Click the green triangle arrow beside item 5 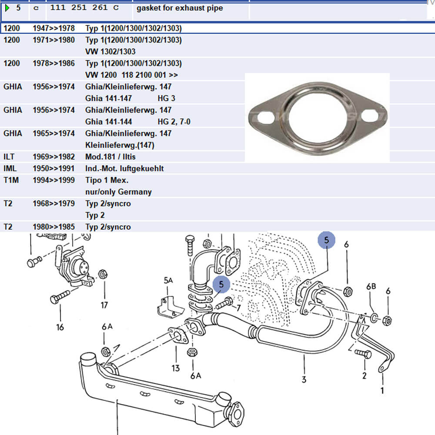point(7,8)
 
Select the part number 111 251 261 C point(84,8)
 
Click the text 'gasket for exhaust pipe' point(180,8)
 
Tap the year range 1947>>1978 point(54,28)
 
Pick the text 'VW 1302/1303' point(110,52)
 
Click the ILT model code point(9,157)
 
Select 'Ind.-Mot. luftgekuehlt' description point(124,168)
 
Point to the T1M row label point(11,180)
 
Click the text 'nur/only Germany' point(118,192)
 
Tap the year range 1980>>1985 point(54,227)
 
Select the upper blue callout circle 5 point(326,240)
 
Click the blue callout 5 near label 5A point(221,284)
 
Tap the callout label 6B point(371,287)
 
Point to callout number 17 point(104,305)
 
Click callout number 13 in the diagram point(176,368)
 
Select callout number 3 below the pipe point(304,379)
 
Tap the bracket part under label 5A point(170,307)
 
